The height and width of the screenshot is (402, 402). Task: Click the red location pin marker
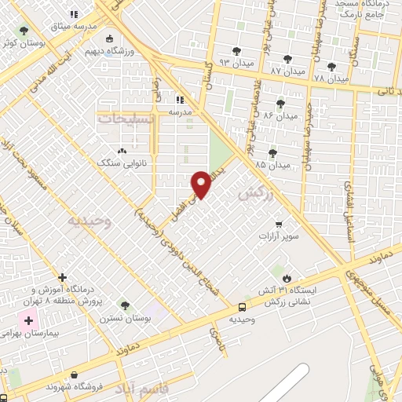203,184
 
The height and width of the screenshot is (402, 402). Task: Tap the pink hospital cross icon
29,321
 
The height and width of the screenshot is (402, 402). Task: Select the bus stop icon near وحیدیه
242,307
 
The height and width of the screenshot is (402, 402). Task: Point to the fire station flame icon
287,279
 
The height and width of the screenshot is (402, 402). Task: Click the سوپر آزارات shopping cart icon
279,224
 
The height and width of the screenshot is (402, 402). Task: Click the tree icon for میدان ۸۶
280,103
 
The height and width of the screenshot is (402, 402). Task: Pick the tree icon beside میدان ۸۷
287,57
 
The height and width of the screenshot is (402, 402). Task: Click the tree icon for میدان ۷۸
331,67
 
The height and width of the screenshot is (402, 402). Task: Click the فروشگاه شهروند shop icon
74,375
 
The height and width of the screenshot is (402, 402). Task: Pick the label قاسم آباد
141,389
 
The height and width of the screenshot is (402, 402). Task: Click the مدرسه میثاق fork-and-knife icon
75,13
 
